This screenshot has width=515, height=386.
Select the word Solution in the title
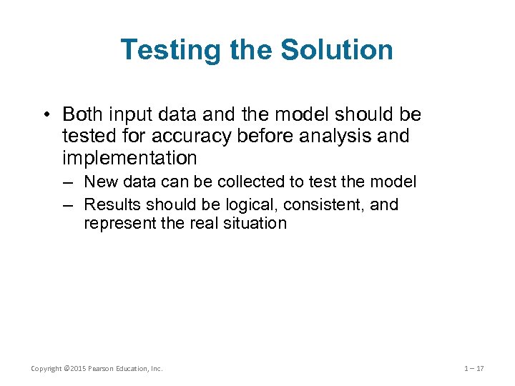click(337, 50)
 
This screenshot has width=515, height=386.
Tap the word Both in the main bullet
click(84, 114)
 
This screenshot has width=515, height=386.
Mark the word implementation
click(129, 157)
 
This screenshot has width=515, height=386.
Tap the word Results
click(111, 204)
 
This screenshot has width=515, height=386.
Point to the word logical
click(252, 204)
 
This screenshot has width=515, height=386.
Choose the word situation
click(256, 223)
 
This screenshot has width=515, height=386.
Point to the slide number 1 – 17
click(474, 369)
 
